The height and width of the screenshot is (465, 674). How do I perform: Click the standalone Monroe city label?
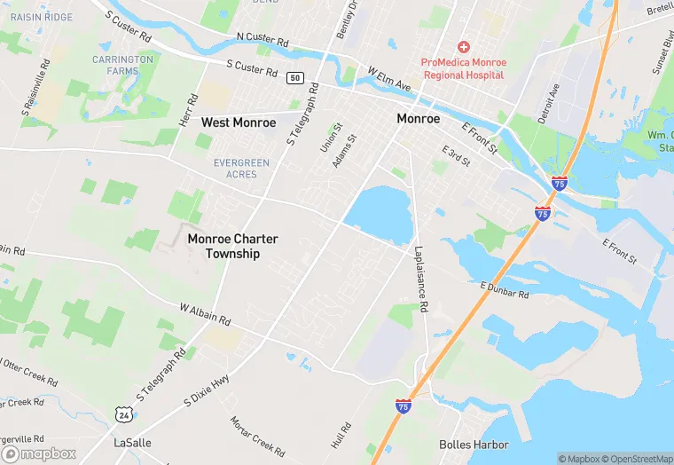pyautogui.click(x=418, y=119)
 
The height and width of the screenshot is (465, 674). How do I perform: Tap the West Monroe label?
pyautogui.click(x=239, y=122)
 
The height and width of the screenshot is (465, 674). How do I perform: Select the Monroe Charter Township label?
pyautogui.click(x=232, y=247)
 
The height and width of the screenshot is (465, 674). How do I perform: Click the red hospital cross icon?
pyautogui.click(x=463, y=46)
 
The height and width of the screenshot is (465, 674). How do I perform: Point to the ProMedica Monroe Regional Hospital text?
pyautogui.click(x=463, y=68)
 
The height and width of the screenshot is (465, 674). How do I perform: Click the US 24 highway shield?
pyautogui.click(x=122, y=414)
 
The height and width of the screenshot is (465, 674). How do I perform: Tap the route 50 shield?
pyautogui.click(x=295, y=78)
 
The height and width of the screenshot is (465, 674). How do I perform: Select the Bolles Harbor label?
pyautogui.click(x=474, y=445)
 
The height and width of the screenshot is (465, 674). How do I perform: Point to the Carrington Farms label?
pyautogui.click(x=122, y=65)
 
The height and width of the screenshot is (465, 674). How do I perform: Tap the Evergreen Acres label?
pyautogui.click(x=241, y=169)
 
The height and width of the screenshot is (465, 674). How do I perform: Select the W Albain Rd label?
pyautogui.click(x=205, y=313)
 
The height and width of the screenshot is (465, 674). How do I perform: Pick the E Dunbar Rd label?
pyautogui.click(x=504, y=288)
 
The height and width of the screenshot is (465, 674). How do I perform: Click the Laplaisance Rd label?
pyautogui.click(x=421, y=280)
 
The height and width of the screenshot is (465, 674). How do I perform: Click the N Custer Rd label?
pyautogui.click(x=263, y=41)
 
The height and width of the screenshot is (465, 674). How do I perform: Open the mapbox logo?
pyautogui.click(x=39, y=453)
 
